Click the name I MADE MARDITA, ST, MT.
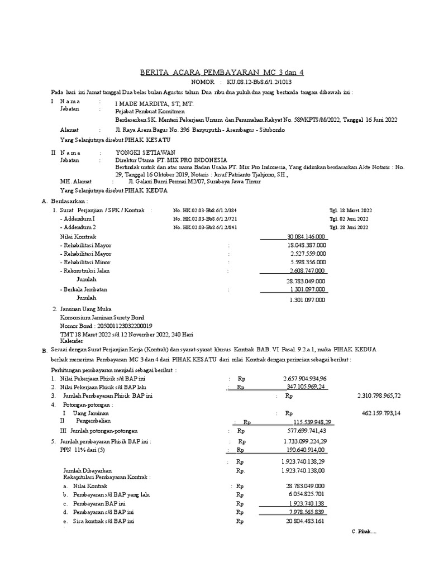pos(146,104)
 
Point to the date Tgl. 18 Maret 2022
pos(351,210)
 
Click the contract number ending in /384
pos(205,210)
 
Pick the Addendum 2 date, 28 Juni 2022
pos(350,227)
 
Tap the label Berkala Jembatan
pos(85,289)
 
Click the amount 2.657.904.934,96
pos(304,378)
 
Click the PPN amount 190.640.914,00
pos(304,449)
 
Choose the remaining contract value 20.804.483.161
pos(304,521)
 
